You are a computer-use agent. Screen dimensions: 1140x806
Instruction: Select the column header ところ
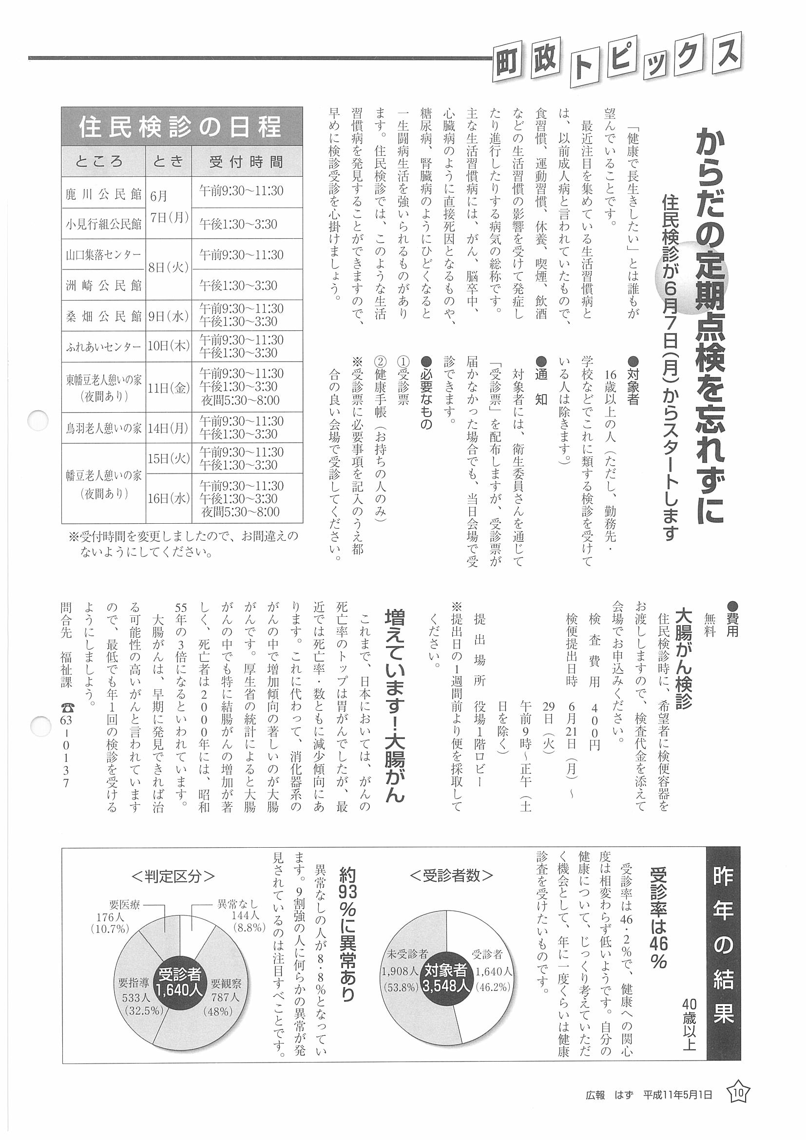[x=103, y=161]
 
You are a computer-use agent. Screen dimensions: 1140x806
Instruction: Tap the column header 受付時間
[x=246, y=161]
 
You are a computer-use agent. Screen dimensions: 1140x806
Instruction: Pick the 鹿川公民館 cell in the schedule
[x=103, y=192]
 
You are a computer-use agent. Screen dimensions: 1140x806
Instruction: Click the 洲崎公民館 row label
[x=103, y=285]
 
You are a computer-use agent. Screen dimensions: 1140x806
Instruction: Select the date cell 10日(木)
[x=169, y=346]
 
